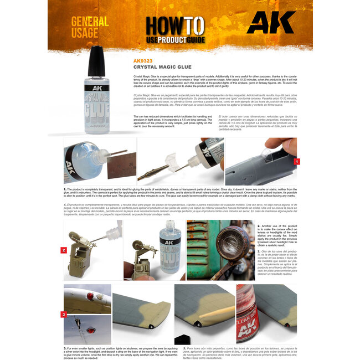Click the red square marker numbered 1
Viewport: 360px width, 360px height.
(x=297, y=161)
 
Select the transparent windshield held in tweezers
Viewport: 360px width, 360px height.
(x=166, y=161)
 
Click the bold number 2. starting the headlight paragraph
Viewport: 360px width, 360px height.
(x=259, y=227)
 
